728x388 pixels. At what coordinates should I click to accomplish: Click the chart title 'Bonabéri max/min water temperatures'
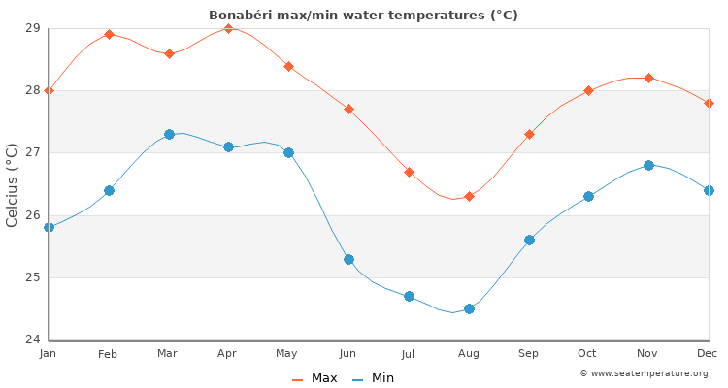tap(363, 15)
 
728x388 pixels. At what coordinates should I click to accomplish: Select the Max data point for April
tap(228, 28)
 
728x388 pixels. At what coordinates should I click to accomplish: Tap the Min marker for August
tap(469, 308)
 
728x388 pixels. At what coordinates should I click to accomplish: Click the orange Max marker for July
tap(409, 172)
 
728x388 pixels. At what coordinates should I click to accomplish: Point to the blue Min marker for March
tap(169, 134)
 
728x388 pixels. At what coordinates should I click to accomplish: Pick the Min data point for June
tap(348, 259)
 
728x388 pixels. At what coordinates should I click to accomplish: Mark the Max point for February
tap(109, 34)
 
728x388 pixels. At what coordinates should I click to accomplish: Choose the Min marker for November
tap(648, 165)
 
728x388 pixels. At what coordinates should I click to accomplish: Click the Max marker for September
tap(529, 134)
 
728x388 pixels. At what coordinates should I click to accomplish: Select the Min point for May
tap(288, 152)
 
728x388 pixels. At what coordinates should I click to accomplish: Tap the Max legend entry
tap(315, 378)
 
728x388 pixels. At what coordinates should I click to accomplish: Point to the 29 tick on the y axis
tap(32, 28)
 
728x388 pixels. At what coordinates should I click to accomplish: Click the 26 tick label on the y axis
tap(32, 215)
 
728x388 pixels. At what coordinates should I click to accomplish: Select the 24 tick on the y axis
tap(32, 339)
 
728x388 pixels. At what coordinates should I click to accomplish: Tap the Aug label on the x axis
tap(469, 354)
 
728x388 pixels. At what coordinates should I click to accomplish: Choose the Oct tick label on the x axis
tap(588, 354)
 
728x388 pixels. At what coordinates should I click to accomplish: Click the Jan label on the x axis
tap(49, 354)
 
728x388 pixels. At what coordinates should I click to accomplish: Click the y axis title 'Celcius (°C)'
tap(13, 184)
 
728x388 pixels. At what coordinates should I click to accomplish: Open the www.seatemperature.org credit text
tap(644, 373)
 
